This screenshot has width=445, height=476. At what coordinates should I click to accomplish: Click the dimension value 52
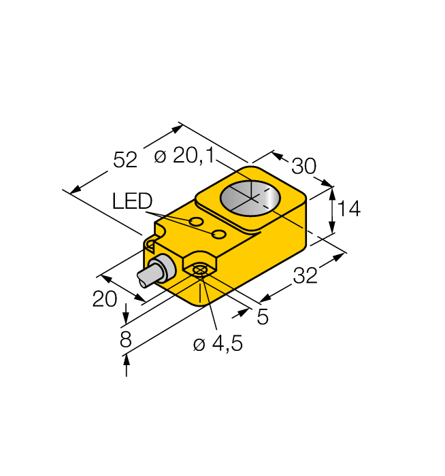tap(125, 160)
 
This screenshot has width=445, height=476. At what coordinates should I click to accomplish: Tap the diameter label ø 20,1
tap(184, 156)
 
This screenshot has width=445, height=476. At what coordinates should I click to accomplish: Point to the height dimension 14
tap(348, 209)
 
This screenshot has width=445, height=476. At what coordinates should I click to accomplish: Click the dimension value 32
tap(306, 276)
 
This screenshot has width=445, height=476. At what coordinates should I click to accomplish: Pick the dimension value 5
tap(262, 316)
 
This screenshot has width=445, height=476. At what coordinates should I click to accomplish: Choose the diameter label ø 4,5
tap(218, 344)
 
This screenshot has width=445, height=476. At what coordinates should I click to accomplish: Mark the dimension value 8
tap(125, 340)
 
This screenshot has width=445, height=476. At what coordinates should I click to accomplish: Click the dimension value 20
tap(105, 299)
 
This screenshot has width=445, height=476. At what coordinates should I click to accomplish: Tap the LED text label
tap(133, 201)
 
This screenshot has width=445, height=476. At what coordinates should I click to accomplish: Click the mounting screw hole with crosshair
tap(199, 271)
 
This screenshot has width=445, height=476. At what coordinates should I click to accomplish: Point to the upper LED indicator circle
tap(196, 222)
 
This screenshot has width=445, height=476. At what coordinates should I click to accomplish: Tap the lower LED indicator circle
tap(219, 235)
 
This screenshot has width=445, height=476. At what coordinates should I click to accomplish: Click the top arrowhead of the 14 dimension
tap(332, 192)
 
